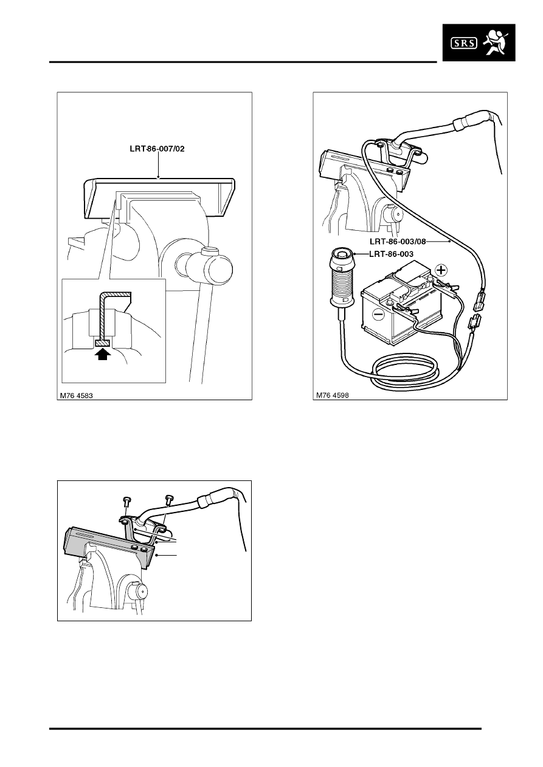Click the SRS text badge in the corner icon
click(463, 43)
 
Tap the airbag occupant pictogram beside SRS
click(495, 42)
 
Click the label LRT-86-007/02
click(157, 149)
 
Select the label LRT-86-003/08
click(398, 242)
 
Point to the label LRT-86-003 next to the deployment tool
click(391, 254)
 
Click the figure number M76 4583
click(76, 395)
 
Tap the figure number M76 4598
click(332, 395)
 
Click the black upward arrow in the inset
click(103, 353)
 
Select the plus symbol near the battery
click(441, 270)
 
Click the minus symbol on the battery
click(378, 314)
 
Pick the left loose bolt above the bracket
click(125, 501)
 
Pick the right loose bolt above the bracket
click(168, 499)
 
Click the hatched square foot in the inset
click(102, 343)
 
